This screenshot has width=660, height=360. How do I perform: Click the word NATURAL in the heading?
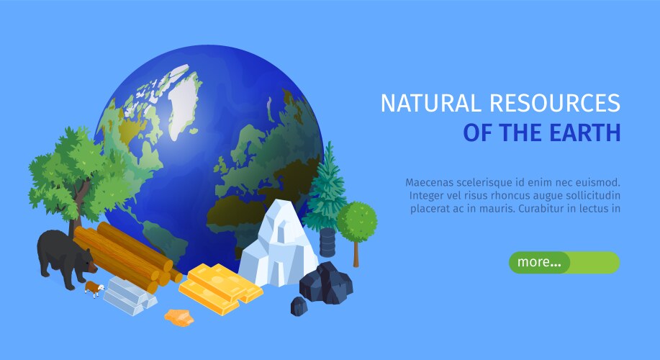click(x=430, y=103)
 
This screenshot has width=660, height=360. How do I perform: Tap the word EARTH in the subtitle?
click(x=587, y=133)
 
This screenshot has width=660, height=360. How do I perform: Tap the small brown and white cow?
click(x=94, y=288)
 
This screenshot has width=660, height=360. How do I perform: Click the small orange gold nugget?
click(x=179, y=317)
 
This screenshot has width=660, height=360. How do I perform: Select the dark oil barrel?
click(x=327, y=243)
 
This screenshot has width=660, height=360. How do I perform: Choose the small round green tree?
click(x=356, y=220)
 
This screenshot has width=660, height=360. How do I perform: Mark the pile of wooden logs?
click(x=126, y=256)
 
